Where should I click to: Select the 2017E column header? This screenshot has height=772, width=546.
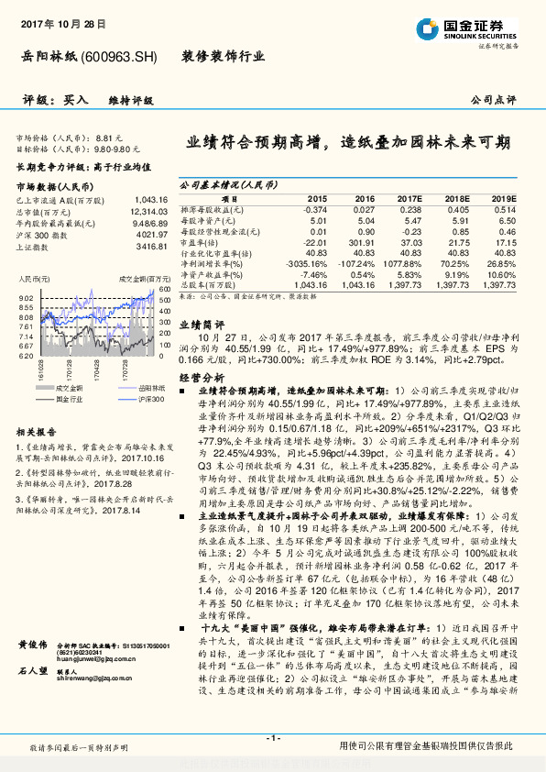tap(410, 198)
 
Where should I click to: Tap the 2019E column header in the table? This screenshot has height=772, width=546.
tap(503, 198)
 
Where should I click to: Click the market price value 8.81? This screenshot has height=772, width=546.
tap(108, 137)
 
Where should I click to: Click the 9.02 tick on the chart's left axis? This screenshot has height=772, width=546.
tap(26, 298)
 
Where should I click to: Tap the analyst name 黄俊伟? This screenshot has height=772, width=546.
tap(32, 645)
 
